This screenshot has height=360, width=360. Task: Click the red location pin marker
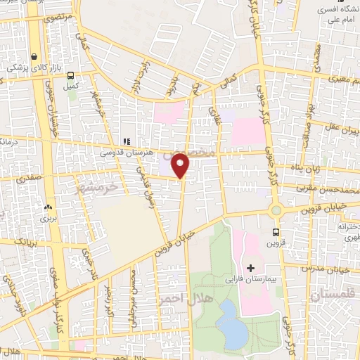click(x=181, y=165)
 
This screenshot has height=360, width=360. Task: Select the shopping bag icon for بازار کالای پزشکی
click(x=34, y=57)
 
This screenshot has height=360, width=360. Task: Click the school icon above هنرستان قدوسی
click(x=127, y=141)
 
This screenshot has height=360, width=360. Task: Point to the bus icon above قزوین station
click(x=276, y=232)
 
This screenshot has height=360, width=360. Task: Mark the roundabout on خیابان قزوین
click(x=276, y=210)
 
